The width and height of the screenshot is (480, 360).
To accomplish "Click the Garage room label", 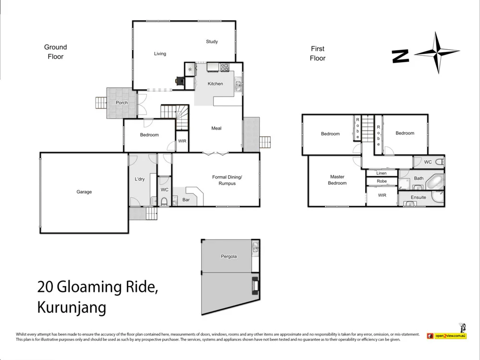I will point(84,192).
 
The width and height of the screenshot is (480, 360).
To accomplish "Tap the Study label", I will point(212,42).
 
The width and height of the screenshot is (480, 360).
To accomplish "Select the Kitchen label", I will point(215,84).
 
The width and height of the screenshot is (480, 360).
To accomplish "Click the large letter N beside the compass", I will point(400,56).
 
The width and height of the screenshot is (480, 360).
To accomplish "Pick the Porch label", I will point(122,103).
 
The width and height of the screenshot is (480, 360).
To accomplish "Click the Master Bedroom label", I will point(337,180).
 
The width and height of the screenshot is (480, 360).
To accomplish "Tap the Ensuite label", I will point(418,197).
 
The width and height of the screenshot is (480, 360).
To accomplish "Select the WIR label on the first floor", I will point(382,195).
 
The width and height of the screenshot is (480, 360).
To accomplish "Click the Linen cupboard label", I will point(382,173).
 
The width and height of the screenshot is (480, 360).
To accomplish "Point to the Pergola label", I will point(228,256).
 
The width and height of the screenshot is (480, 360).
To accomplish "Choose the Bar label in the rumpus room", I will point(186,200).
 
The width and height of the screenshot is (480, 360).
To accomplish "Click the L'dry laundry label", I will point(140,179).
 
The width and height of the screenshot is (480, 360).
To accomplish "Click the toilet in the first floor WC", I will point(439,162).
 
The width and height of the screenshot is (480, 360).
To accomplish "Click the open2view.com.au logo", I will point(447,336).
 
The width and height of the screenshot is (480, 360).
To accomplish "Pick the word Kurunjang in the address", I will point(72,308).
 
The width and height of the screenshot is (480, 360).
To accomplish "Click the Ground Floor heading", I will point(55,52).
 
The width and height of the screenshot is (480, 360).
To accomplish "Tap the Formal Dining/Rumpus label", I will point(227,180).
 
